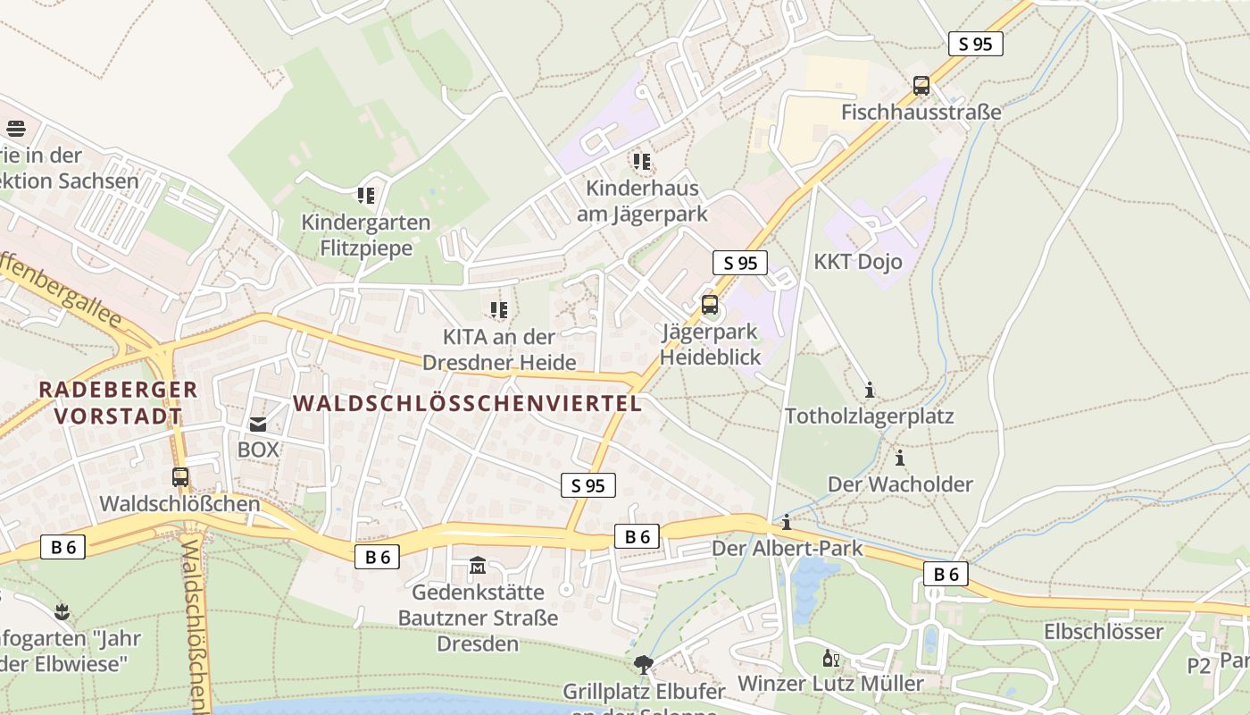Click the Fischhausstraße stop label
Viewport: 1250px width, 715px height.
point(921,113)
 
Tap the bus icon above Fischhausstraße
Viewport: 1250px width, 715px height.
point(921,86)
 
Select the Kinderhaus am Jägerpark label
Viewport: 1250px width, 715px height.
point(642,201)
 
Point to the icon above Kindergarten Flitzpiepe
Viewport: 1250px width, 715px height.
point(365,194)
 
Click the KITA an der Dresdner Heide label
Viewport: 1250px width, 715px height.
point(499,349)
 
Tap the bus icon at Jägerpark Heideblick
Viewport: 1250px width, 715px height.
point(710,305)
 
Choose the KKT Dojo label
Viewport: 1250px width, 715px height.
point(857,262)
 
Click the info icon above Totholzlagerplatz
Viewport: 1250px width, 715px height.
point(870,390)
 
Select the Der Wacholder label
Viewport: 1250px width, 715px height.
point(900,484)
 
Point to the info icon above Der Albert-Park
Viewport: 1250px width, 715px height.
point(787,522)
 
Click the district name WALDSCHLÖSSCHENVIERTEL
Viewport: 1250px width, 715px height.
point(468,403)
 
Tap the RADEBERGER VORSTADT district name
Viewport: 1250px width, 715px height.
point(118,402)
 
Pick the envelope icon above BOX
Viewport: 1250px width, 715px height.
point(258,425)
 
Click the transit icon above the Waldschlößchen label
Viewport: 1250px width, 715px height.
point(180,477)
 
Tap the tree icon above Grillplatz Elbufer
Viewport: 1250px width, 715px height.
point(643,664)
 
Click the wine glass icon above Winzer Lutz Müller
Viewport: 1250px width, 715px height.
point(830,659)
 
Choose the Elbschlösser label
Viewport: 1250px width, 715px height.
point(1104,632)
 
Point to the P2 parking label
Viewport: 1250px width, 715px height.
point(1198,666)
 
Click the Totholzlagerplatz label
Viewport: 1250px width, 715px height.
point(870,416)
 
